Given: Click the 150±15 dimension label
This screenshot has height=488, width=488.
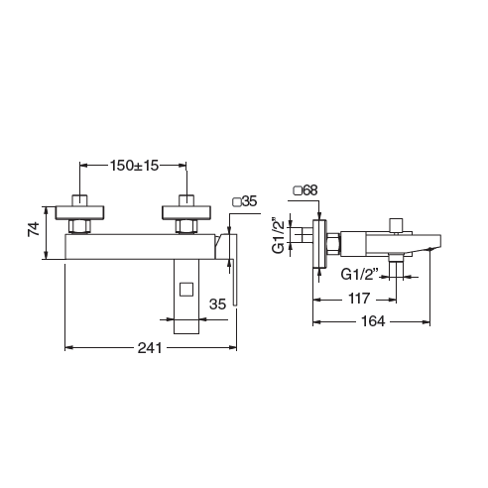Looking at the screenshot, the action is (x=134, y=166).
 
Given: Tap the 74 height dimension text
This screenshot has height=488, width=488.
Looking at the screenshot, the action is (x=34, y=229).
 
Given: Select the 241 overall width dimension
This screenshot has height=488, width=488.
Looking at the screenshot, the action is (x=150, y=348).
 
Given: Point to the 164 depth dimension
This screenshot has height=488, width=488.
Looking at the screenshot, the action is (x=373, y=321).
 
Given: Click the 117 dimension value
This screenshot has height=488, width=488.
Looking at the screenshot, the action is (x=359, y=299).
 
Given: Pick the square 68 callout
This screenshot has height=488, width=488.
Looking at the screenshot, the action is (x=305, y=190).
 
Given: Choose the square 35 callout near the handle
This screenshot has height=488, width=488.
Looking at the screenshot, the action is (x=245, y=201).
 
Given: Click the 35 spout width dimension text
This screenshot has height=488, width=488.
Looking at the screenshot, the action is (x=217, y=305).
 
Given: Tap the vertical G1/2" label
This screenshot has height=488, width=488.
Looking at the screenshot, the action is (x=278, y=235).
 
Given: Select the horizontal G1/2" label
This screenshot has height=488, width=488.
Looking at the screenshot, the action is (x=359, y=274).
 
